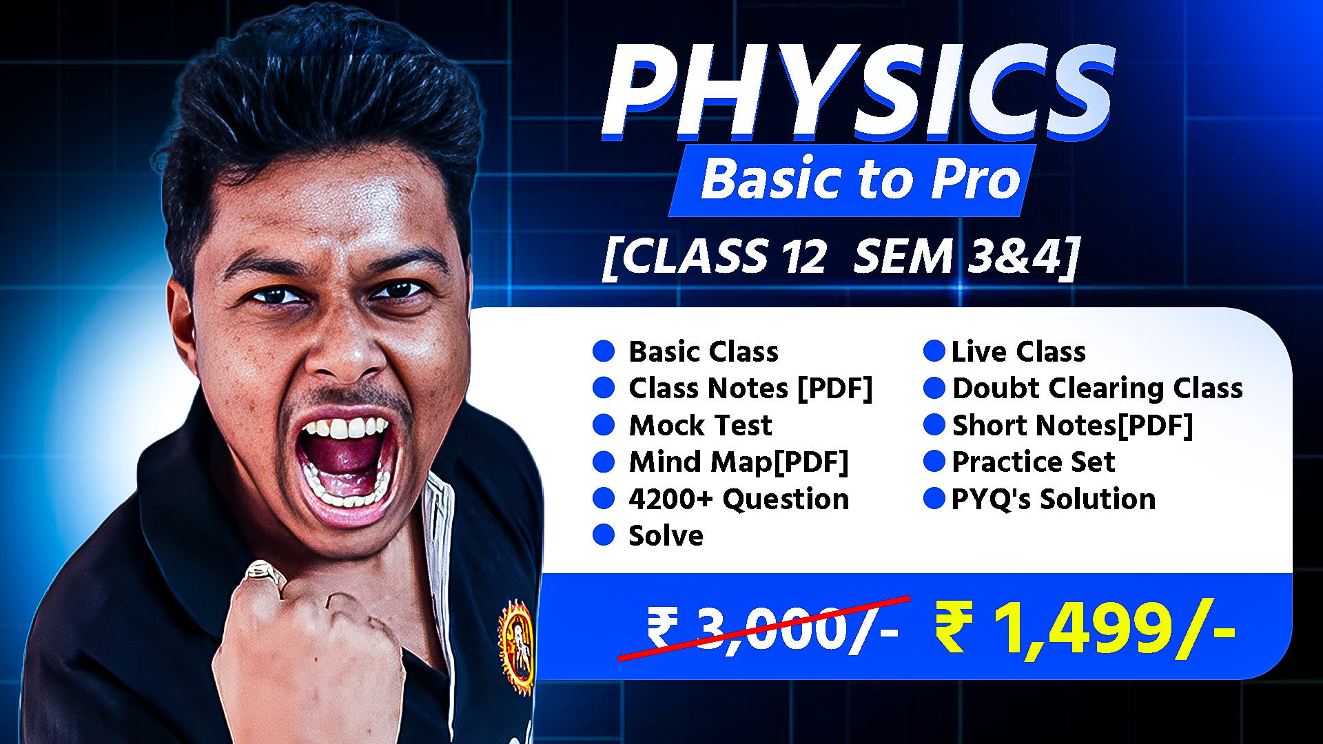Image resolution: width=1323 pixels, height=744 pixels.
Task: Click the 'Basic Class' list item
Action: tap(704, 352)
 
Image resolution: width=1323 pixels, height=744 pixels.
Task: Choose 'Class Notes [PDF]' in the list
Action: tap(750, 389)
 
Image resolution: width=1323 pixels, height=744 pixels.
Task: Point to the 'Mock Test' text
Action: tap(700, 425)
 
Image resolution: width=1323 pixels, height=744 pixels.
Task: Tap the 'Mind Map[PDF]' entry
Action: tap(738, 462)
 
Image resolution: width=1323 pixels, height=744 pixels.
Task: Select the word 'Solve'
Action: tap(666, 536)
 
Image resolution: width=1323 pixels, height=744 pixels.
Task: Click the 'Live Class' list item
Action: tap(1018, 352)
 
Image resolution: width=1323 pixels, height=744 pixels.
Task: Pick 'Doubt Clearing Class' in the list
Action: tap(1097, 389)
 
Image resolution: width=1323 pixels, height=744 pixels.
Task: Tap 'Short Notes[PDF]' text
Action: tap(1072, 425)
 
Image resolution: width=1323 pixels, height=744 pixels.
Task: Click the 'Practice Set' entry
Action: tap(1033, 462)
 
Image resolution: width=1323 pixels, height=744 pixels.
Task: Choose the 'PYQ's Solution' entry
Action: tap(1053, 499)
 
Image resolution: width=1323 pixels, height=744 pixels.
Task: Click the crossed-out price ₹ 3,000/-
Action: tap(772, 628)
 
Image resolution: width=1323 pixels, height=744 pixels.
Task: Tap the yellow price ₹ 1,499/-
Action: tap(1085, 628)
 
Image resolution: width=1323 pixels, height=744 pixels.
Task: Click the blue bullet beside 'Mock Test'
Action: tap(604, 425)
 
